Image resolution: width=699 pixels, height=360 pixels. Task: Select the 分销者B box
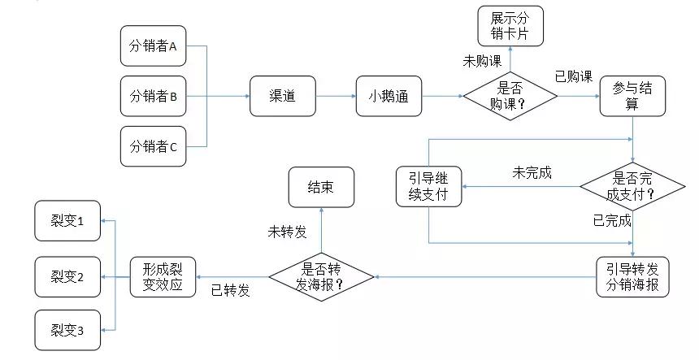154,97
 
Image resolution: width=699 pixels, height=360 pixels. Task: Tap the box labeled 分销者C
154,147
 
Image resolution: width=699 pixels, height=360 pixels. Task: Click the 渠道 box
282,97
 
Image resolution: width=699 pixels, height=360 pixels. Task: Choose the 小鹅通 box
389,97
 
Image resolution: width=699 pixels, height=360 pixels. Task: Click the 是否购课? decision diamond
510,97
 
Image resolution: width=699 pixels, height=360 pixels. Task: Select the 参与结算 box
633,97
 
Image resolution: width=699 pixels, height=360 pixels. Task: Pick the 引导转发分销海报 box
632,277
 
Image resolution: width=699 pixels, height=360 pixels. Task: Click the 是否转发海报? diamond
321,277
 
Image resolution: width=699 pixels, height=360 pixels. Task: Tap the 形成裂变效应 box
163,277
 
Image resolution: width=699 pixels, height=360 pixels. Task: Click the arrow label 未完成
532,172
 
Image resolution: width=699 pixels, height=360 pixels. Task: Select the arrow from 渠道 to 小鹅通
335,97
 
